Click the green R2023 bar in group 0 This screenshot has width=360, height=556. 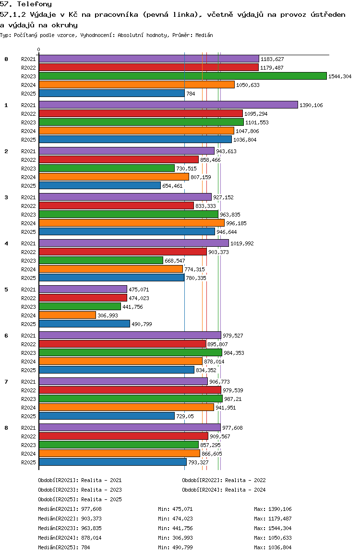183,76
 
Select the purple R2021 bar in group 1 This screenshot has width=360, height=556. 168,105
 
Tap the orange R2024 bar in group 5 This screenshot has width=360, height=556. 67,315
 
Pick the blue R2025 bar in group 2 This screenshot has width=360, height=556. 99,185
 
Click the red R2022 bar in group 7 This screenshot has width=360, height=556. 130,390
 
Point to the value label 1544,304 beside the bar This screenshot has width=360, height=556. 340,76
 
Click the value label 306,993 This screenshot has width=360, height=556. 108,315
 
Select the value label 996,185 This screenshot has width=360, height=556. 236,223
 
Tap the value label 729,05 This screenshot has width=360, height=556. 185,416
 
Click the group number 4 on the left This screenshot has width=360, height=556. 6,243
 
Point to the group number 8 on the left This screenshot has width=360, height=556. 6,428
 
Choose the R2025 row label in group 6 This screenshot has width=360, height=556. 28,370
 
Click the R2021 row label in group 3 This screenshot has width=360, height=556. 28,197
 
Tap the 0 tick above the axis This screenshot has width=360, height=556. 38,49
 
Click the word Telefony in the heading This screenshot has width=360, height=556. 35,4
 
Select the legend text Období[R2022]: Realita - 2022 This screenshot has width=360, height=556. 224,480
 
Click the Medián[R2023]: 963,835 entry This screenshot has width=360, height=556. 70,528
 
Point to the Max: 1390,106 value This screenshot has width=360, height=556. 273,509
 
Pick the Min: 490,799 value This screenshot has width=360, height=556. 175,547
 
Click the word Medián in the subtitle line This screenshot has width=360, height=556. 204,35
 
